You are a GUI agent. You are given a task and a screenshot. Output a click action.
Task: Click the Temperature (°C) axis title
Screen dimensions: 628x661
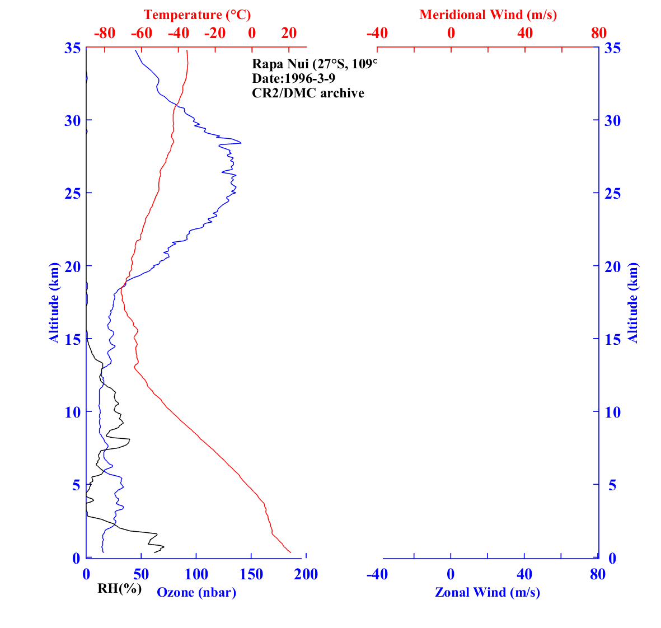[x=197, y=15]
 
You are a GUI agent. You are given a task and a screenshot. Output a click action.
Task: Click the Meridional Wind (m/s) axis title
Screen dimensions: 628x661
[x=488, y=15]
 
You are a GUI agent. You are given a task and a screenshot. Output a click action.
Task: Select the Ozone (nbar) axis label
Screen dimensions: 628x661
[x=196, y=592]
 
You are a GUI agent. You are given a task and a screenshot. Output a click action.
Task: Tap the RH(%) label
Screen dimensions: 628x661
[x=119, y=588]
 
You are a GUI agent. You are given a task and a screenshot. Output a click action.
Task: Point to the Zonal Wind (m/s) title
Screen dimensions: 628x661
[x=487, y=592]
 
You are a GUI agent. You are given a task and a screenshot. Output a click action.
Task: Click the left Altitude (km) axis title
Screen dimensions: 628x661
[x=54, y=302]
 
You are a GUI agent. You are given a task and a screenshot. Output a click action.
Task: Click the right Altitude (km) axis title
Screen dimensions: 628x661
[x=633, y=302]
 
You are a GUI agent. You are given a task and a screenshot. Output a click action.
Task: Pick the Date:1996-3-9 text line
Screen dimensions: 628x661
[x=294, y=78]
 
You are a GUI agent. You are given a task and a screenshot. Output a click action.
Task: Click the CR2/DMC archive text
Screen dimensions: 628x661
[x=308, y=93]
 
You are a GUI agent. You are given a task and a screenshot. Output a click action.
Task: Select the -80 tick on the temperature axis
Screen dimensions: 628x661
[x=105, y=33]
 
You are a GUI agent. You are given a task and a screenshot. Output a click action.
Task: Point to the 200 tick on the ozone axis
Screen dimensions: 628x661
[x=306, y=574]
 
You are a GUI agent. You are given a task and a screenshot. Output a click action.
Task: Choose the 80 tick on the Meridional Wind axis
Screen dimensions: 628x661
[x=598, y=33]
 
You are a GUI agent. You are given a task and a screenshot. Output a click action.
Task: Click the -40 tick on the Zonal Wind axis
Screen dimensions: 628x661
[x=377, y=574]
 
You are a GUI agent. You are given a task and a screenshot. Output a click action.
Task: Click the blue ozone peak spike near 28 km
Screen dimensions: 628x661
[x=240, y=143]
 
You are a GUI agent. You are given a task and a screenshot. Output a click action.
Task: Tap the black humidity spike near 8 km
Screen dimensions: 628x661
[x=129, y=439]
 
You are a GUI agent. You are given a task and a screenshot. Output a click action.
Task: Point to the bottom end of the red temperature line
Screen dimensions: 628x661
[x=290, y=553]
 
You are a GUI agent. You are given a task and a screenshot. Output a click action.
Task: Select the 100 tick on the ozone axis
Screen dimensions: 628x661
[x=196, y=574]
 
